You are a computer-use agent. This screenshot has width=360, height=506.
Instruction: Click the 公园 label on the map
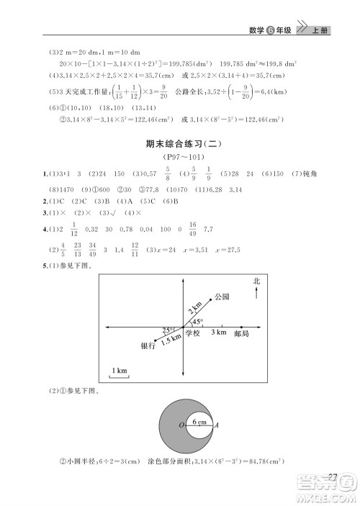point(222,297)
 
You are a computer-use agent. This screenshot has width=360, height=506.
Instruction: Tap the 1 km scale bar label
point(119,370)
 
